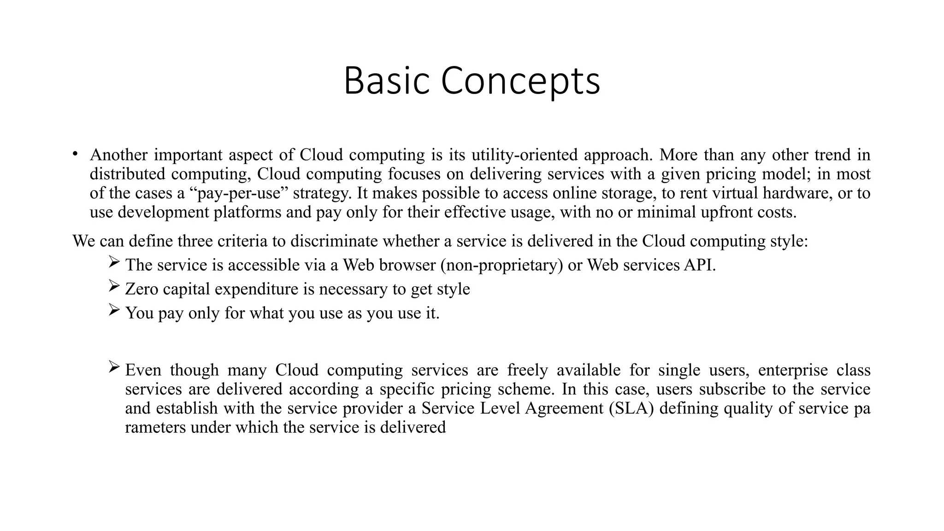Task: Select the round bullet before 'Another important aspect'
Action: click(75, 154)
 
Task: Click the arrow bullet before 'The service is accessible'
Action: click(114, 263)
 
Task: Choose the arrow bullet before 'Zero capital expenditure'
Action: click(114, 287)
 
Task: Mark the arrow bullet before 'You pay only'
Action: click(114, 311)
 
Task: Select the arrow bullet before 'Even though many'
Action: click(114, 368)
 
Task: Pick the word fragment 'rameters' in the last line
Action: click(155, 427)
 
